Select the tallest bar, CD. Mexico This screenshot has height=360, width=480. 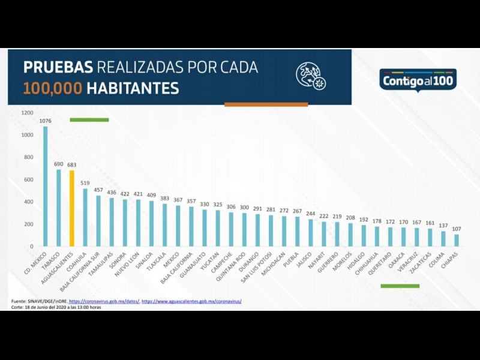[x=45, y=186]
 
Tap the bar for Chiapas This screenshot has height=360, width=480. [x=457, y=240]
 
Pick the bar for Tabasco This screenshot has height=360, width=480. [x=59, y=208]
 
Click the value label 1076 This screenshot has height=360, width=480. [x=45, y=121]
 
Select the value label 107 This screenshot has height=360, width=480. [x=457, y=229]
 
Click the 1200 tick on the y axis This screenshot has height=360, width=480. [x=27, y=113]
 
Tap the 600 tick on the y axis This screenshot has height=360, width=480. [x=28, y=179]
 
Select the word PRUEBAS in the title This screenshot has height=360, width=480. [x=58, y=67]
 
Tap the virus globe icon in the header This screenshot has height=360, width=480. [x=310, y=76]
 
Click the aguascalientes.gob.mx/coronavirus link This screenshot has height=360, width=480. [x=191, y=301]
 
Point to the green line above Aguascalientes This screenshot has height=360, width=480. [x=89, y=120]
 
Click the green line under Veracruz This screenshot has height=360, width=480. [x=400, y=286]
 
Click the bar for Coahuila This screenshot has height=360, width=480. [x=85, y=217]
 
